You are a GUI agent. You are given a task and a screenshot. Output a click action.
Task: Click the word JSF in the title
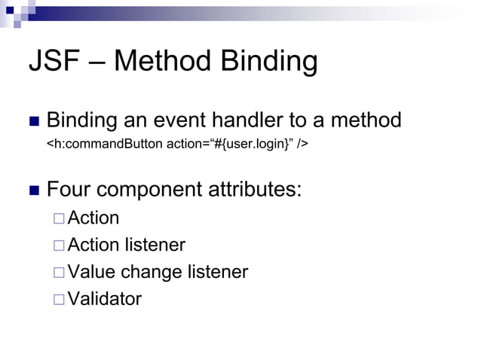(x=53, y=62)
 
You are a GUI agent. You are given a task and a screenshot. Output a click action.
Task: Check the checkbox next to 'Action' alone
(x=59, y=219)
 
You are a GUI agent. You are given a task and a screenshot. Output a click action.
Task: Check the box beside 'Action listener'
(x=59, y=246)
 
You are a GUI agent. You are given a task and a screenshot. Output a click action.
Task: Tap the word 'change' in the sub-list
(x=152, y=273)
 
